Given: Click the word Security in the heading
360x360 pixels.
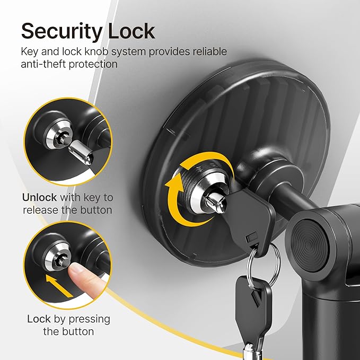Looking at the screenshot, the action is coord(62,32).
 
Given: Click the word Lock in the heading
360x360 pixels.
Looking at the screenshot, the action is coord(131,31).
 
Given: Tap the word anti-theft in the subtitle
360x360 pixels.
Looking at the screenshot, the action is coord(43,64).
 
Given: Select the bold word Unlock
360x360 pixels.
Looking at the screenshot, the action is coord(39,197).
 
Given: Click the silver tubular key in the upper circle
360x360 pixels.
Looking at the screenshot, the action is coord(82,153).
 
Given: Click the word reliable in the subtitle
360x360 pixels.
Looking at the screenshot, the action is coord(209,51).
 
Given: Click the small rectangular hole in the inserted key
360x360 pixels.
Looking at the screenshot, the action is coord(252,237).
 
